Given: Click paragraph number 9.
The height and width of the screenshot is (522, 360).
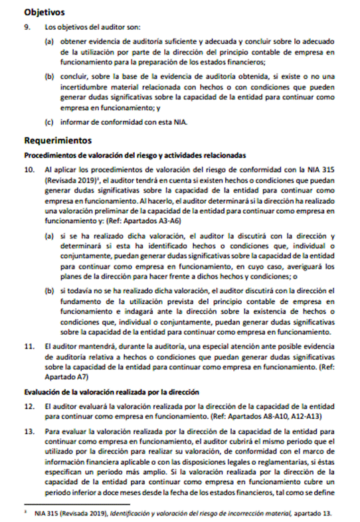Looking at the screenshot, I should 27,27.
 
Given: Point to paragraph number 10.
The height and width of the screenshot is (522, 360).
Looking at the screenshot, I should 29,169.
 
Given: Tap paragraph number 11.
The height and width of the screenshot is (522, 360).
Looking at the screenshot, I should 29,346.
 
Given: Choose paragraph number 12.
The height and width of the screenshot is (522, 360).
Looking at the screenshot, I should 29,404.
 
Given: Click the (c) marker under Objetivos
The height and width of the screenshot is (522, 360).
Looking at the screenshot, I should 49,122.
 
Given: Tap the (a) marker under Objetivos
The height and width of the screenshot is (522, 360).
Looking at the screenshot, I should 49,41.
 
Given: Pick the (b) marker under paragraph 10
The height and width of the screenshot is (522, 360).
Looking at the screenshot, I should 49,291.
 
